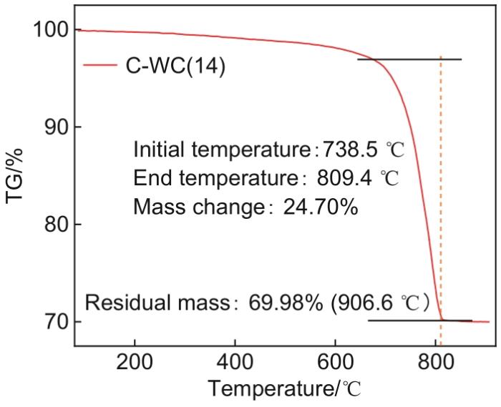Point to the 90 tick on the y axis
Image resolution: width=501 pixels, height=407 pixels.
[x=54, y=127]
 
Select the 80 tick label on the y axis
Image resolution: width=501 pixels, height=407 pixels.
[x=54, y=225]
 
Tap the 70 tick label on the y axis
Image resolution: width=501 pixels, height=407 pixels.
[x=54, y=322]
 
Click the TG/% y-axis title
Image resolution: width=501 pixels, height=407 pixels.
[x=16, y=176]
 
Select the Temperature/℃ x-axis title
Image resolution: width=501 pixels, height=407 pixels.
[x=285, y=390]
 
